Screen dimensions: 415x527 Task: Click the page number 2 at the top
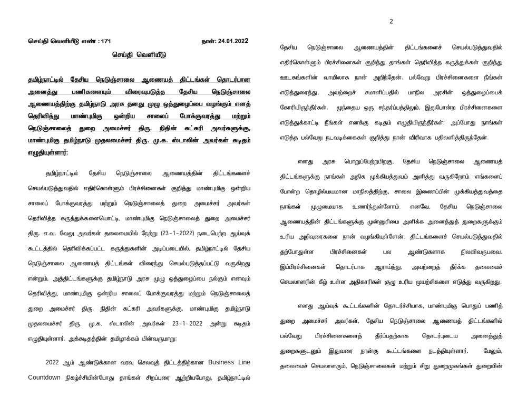[391, 21]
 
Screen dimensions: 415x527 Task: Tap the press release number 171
[105, 41]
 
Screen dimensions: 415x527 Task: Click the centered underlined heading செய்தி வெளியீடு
[137, 54]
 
